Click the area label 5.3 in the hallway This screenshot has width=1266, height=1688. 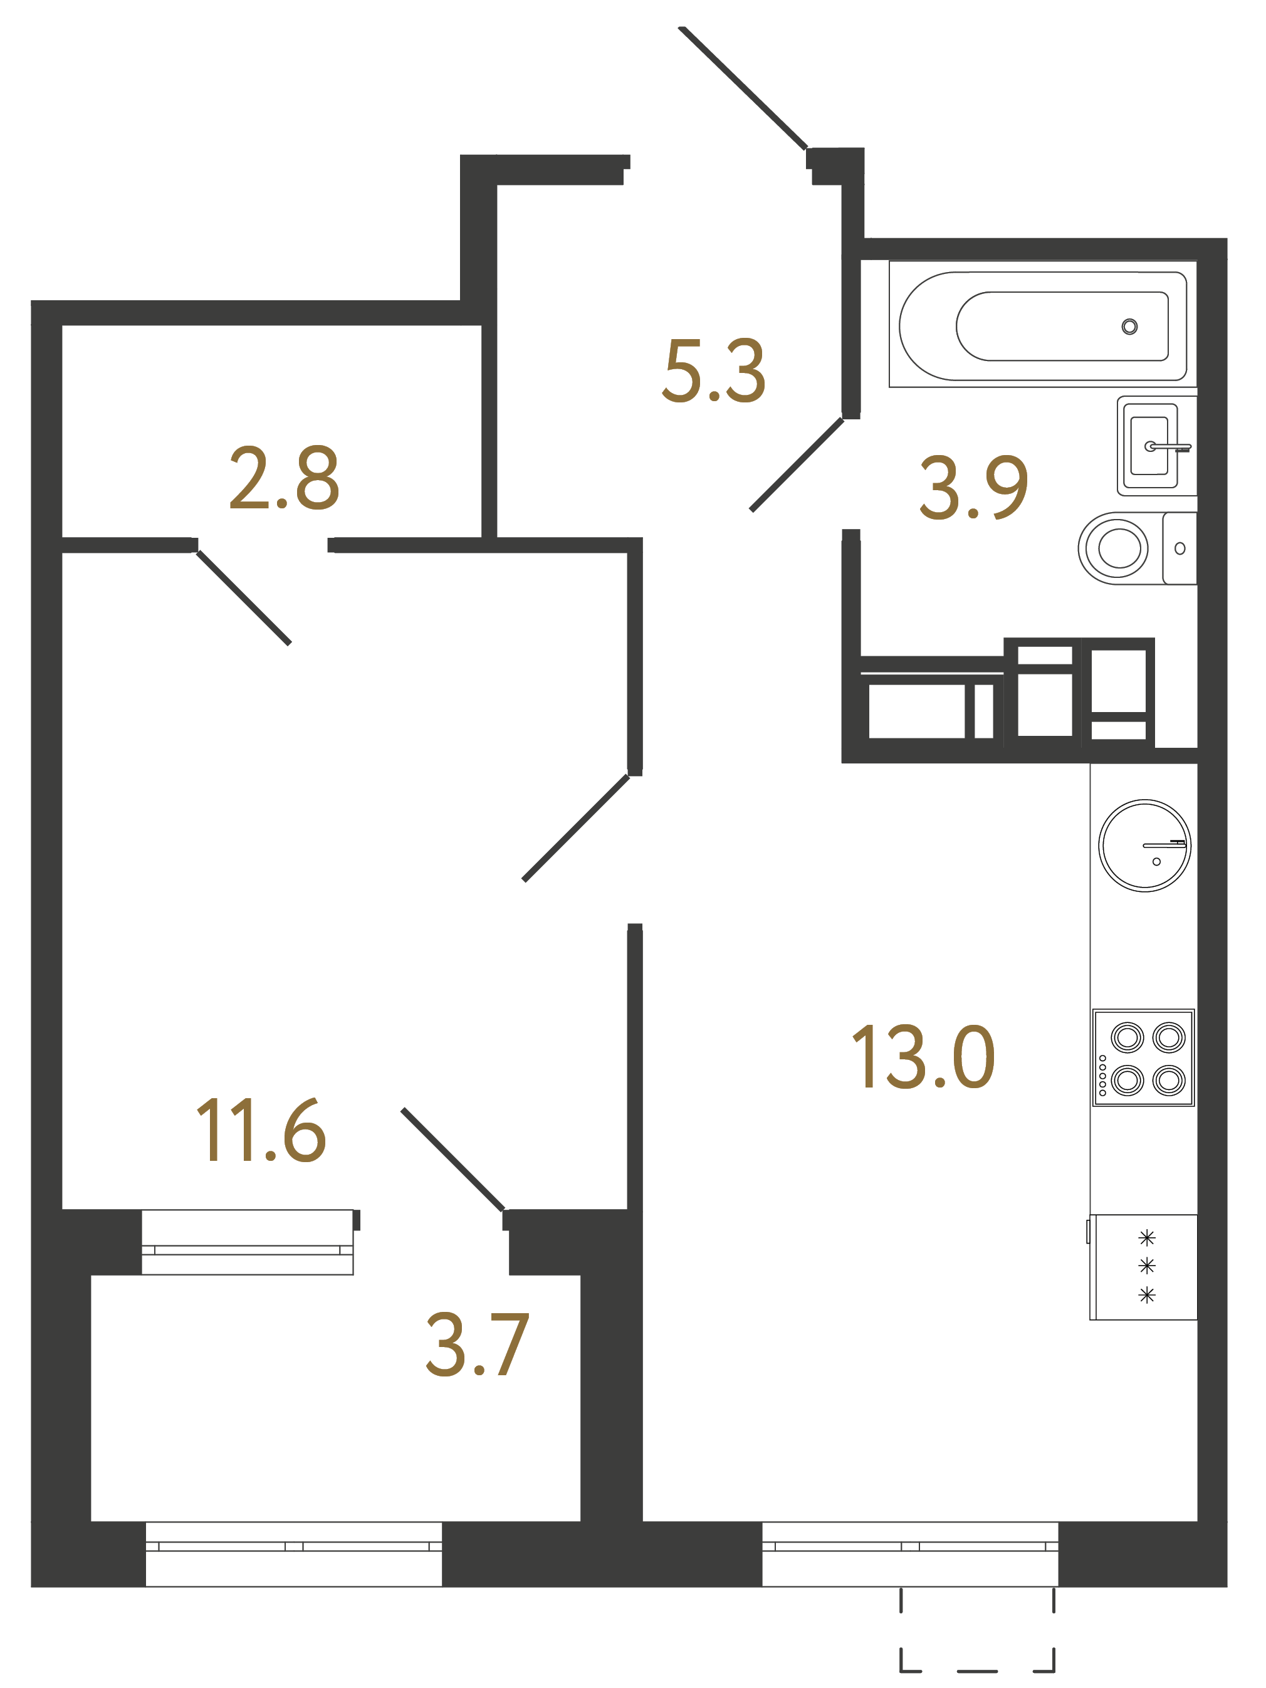click(x=713, y=371)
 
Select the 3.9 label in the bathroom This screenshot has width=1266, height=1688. click(x=974, y=488)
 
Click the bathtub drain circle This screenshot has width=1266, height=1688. click(x=1129, y=327)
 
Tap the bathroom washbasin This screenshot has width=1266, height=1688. click(x=1149, y=446)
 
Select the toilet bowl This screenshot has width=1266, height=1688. click(x=1118, y=548)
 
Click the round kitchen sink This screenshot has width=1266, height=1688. click(x=1144, y=846)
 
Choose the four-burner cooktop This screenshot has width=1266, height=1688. click(x=1143, y=1057)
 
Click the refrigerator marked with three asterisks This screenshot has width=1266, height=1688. click(x=1144, y=1267)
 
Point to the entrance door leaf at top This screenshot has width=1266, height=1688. click(x=742, y=88)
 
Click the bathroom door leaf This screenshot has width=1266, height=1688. click(x=797, y=464)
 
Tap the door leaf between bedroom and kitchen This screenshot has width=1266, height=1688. click(x=576, y=828)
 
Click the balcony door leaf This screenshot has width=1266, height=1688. click(x=453, y=1159)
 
